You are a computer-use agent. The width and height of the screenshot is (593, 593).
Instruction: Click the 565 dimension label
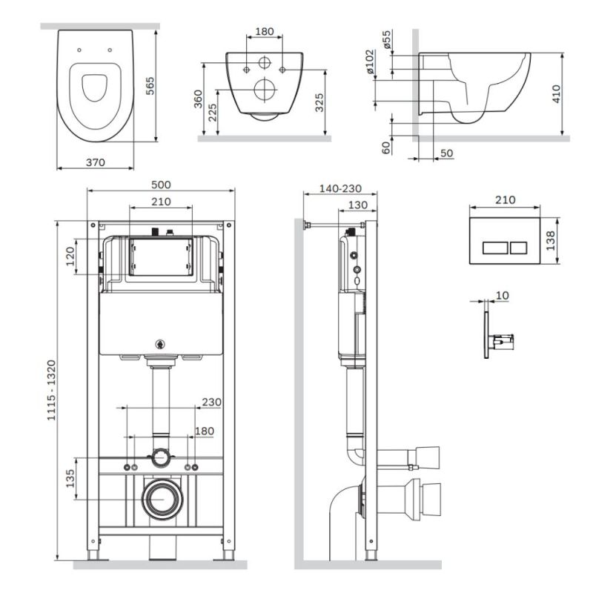(x=150, y=86)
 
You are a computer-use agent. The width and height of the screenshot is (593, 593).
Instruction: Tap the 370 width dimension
(x=96, y=162)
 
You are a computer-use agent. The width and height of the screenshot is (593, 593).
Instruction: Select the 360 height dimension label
(x=198, y=99)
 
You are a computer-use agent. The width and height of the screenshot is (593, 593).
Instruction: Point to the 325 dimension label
(x=319, y=102)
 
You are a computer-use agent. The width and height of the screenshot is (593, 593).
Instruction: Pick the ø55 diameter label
(x=386, y=39)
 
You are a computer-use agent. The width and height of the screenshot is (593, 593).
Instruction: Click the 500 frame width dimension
(x=161, y=185)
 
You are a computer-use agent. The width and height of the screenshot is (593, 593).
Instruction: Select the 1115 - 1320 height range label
(x=51, y=391)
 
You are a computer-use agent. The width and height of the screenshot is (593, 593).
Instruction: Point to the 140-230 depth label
(x=340, y=188)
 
